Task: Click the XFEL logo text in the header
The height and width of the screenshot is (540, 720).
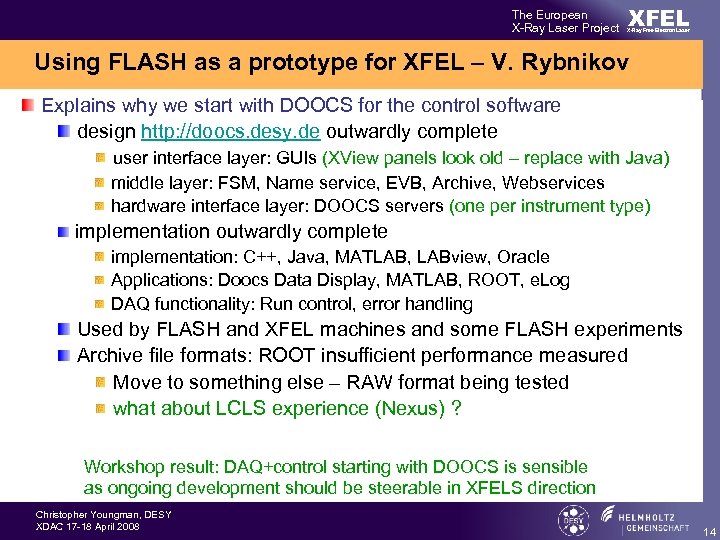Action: tap(658, 19)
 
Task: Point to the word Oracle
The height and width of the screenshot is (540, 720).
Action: tap(524, 256)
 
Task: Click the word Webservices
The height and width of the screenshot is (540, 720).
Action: tap(553, 182)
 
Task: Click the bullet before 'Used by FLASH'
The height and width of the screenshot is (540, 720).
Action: tap(64, 329)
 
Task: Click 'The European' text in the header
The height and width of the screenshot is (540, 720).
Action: tap(550, 15)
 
